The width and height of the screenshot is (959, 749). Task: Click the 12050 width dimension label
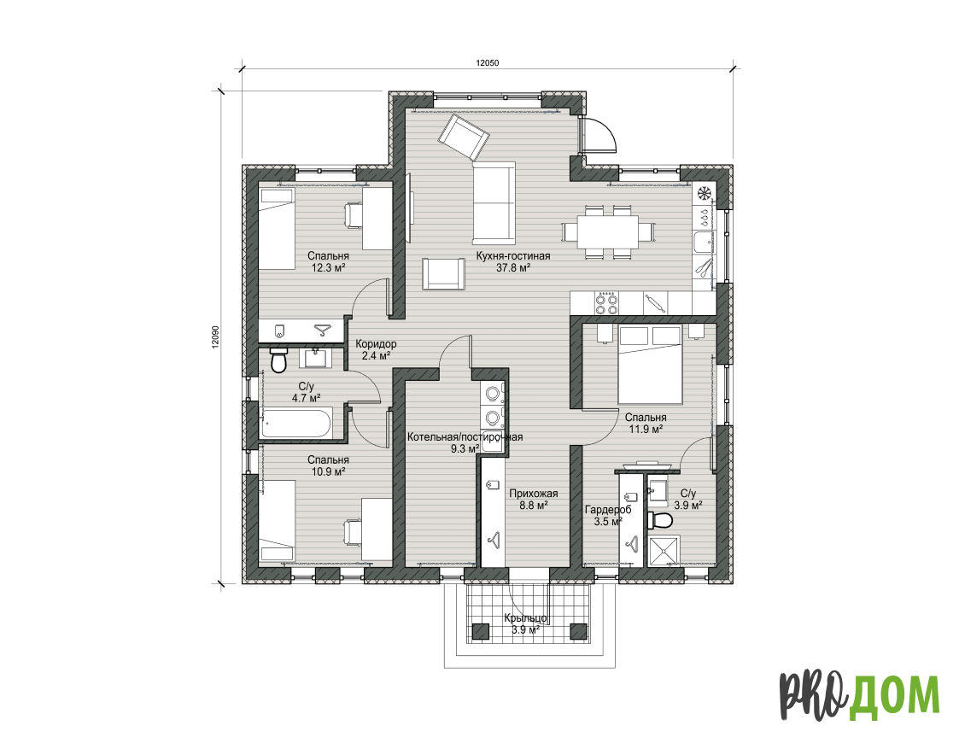click(x=488, y=62)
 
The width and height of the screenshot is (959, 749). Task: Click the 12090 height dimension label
click(x=214, y=336)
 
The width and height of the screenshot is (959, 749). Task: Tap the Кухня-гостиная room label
click(x=513, y=255)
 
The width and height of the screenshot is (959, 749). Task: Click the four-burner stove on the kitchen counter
click(x=606, y=303)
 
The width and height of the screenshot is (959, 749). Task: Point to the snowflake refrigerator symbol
click(x=704, y=193)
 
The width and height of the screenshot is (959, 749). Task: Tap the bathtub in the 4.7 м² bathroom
click(x=296, y=423)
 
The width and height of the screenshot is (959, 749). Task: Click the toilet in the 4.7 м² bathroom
click(x=279, y=360)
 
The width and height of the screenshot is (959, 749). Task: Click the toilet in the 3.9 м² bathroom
click(x=660, y=520)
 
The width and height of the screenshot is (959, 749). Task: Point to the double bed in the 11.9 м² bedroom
click(x=651, y=365)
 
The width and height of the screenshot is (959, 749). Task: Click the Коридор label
click(x=376, y=344)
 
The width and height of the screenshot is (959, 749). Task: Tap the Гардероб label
click(x=608, y=509)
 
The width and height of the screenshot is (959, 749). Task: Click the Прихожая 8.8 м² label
click(x=534, y=499)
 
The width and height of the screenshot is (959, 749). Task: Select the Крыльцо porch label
click(x=525, y=618)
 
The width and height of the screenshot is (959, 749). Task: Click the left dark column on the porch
click(x=481, y=631)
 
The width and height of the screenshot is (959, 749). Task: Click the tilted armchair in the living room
click(x=465, y=137)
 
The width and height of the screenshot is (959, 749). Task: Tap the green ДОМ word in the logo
click(x=894, y=695)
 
